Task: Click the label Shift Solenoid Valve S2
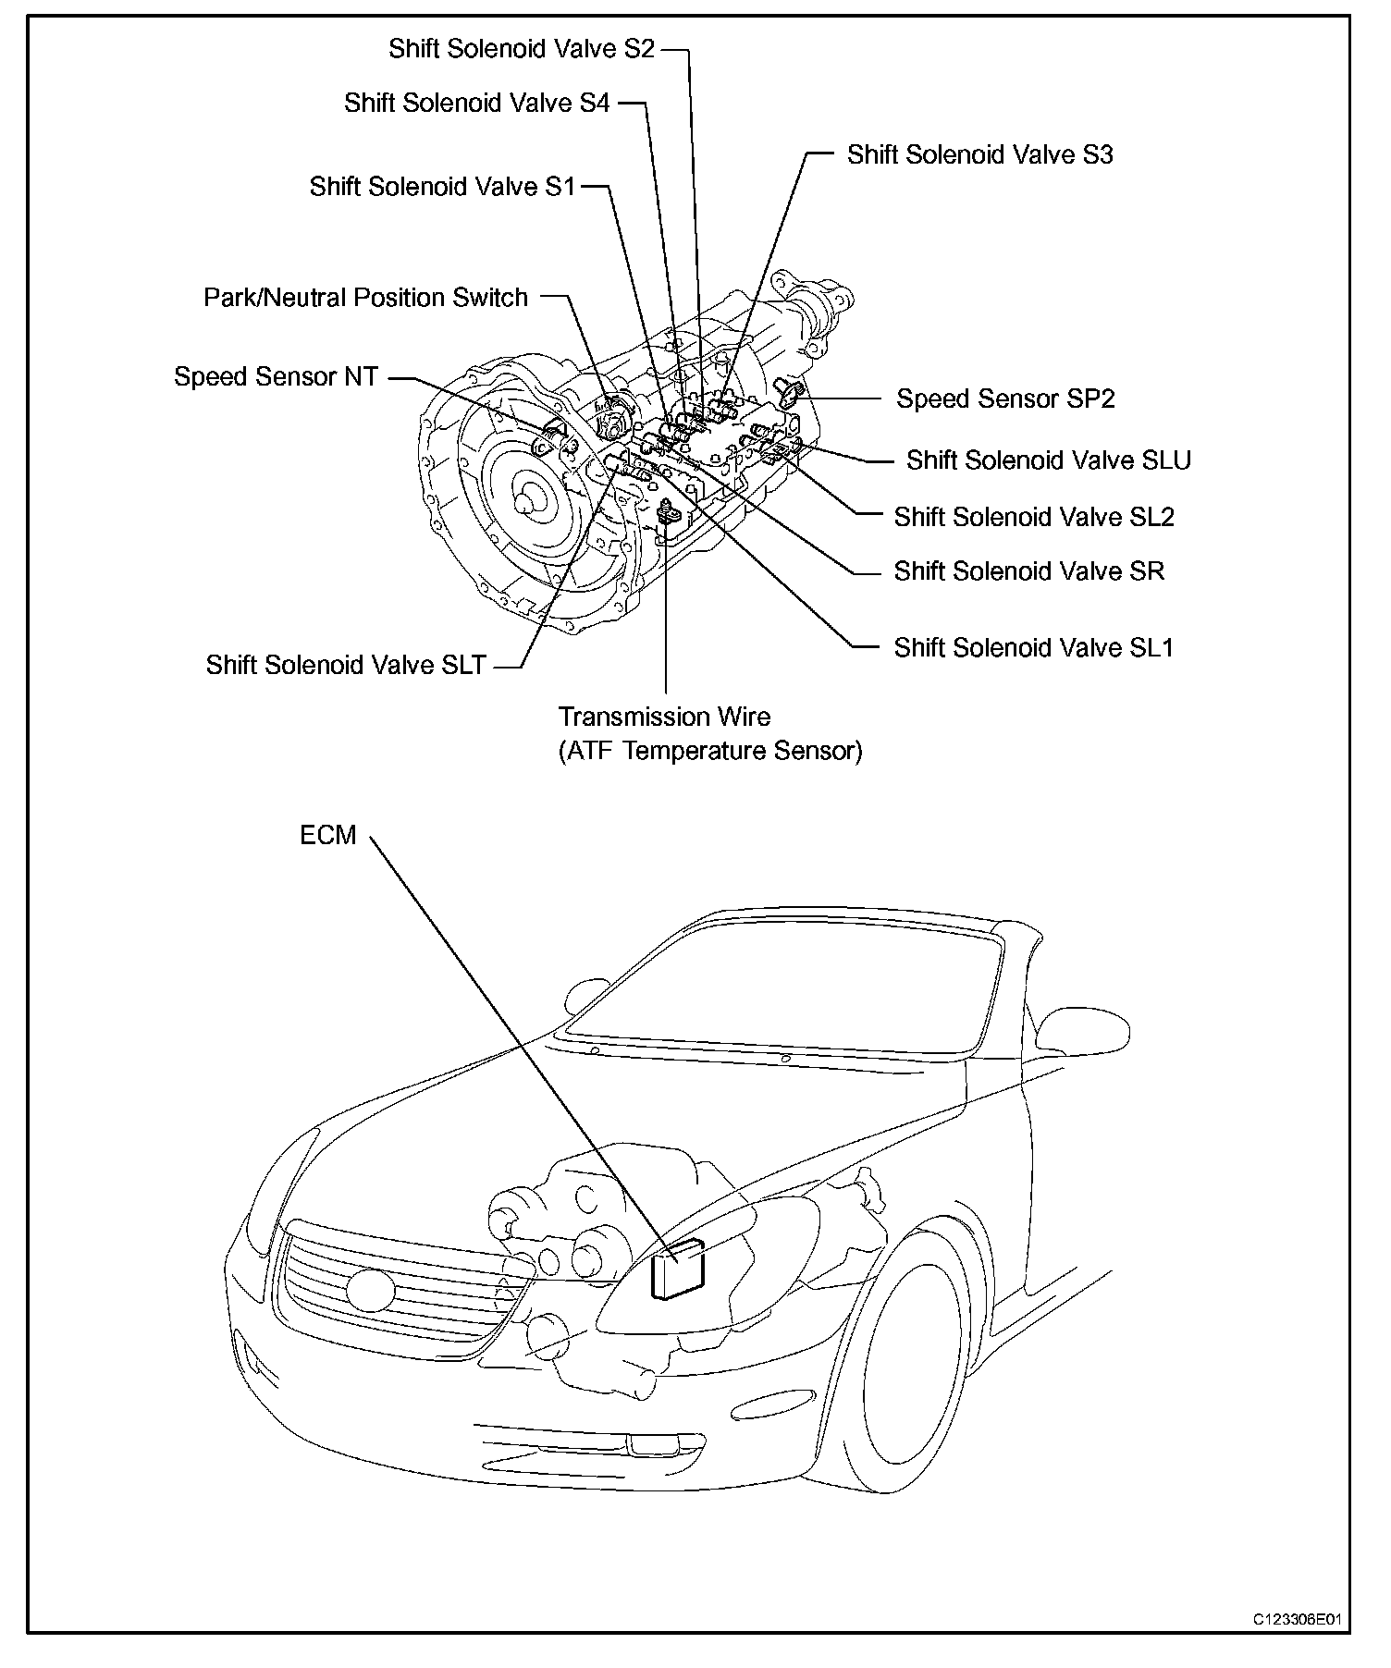click(521, 48)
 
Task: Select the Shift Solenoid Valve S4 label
click(476, 103)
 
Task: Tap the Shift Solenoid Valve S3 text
click(979, 154)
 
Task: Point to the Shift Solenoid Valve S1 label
click(442, 187)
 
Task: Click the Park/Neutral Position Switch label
click(365, 298)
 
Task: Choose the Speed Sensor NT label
click(276, 377)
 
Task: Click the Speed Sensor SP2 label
click(1005, 399)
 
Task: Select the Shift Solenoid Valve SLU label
click(1048, 460)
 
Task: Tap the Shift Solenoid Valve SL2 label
click(1033, 517)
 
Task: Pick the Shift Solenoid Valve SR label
click(1028, 571)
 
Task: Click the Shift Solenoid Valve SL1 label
click(1033, 647)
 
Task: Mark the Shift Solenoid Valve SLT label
click(345, 666)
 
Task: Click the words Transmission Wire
click(664, 717)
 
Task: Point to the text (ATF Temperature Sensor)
click(709, 751)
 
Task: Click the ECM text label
click(327, 835)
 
